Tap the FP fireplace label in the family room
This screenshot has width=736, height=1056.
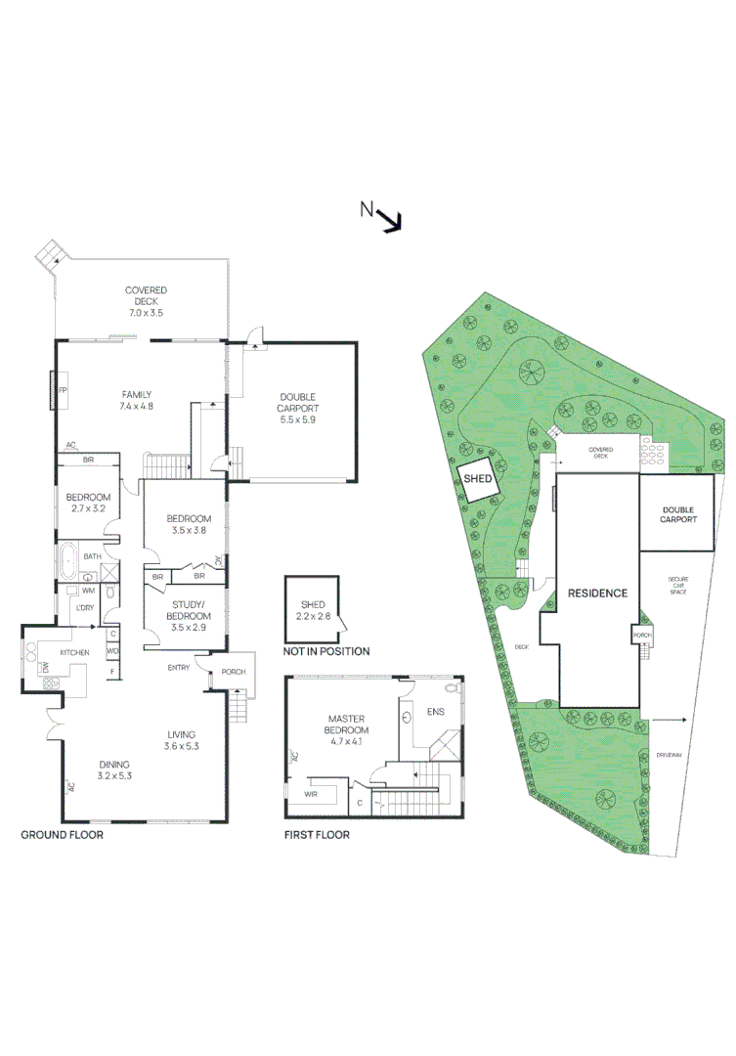[63, 390]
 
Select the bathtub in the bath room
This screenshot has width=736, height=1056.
[67, 562]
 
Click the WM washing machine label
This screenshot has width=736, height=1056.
[88, 591]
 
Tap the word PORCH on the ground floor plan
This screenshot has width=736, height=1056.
[234, 671]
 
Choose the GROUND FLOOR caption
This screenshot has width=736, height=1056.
[62, 835]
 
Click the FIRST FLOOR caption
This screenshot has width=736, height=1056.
[317, 835]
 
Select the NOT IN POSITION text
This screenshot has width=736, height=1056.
[326, 651]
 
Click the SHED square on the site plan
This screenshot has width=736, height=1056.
[478, 479]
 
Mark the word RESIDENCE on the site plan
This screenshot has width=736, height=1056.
[597, 594]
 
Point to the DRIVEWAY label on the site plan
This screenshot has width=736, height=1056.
[669, 755]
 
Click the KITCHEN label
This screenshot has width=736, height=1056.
[74, 652]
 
